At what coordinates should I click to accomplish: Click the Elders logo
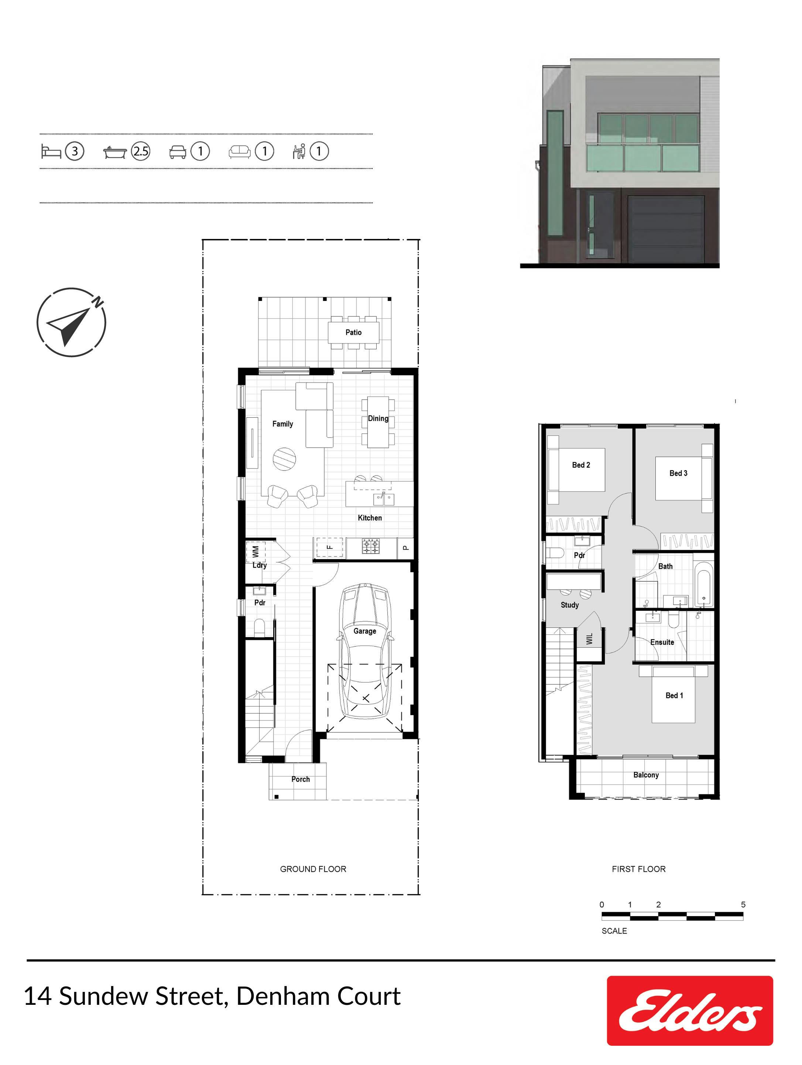click(x=689, y=1011)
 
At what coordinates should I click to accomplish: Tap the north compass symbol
click(x=71, y=322)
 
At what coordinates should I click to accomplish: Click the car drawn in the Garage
click(x=365, y=651)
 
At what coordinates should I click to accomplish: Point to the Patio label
click(x=353, y=332)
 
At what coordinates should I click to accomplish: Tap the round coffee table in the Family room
click(x=284, y=459)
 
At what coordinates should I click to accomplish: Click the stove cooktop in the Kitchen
click(x=371, y=546)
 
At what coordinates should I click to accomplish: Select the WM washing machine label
click(x=255, y=551)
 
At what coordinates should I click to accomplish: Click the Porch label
click(x=301, y=779)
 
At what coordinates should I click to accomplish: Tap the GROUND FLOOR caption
click(x=313, y=869)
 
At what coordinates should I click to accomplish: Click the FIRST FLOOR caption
click(x=638, y=869)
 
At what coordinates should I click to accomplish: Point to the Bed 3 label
click(x=678, y=473)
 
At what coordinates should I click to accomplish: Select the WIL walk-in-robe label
click(x=589, y=639)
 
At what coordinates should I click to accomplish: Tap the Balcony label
click(x=645, y=775)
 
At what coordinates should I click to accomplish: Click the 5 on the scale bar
click(x=743, y=905)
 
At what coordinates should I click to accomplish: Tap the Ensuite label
click(x=662, y=642)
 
